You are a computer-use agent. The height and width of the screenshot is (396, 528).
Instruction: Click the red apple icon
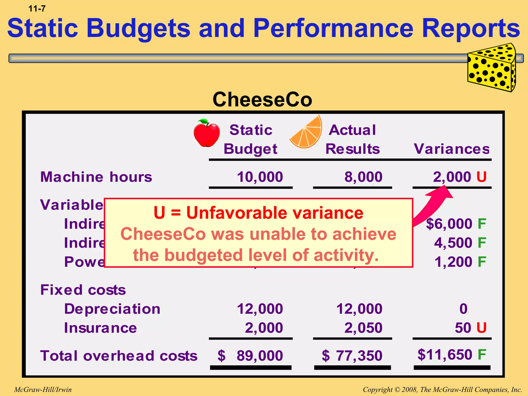(x=207, y=134)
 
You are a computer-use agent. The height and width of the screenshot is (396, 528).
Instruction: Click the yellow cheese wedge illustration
(x=492, y=68)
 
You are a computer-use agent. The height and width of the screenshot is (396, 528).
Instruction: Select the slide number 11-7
(x=37, y=9)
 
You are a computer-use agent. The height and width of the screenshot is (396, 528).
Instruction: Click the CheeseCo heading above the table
(x=262, y=100)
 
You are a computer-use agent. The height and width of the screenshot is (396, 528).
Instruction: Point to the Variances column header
(x=452, y=149)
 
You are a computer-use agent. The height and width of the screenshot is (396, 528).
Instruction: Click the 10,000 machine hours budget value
(x=260, y=177)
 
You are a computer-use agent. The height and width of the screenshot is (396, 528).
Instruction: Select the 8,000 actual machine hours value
(x=363, y=177)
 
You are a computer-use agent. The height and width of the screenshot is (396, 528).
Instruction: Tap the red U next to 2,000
(x=481, y=177)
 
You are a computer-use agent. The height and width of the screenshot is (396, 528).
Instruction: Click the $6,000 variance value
(x=449, y=224)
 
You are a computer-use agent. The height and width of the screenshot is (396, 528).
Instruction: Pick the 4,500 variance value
(x=453, y=243)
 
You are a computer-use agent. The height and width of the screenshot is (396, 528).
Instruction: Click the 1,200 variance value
(x=453, y=262)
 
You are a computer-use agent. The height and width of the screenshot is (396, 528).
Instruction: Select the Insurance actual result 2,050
(x=363, y=328)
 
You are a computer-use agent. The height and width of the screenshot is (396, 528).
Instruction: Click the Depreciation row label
(x=112, y=309)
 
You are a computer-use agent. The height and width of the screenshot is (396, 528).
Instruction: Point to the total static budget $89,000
(x=250, y=356)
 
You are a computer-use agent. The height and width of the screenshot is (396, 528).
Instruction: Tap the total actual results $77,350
(x=352, y=356)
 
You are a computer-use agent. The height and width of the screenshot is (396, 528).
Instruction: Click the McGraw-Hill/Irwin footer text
(x=43, y=390)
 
